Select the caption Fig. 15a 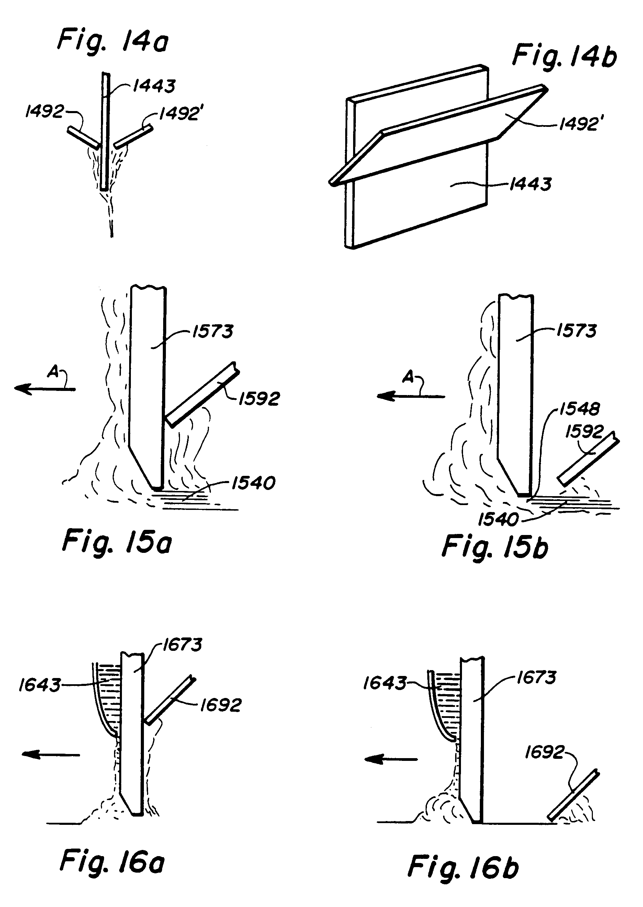117,542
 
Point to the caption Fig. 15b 495,547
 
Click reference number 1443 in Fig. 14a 154,86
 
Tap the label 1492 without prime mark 44,112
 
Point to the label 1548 579,409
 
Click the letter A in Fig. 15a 53,372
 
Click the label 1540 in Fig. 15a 253,483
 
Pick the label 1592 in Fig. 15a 259,398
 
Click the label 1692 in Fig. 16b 544,752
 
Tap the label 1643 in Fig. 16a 40,685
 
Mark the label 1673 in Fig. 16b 537,678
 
